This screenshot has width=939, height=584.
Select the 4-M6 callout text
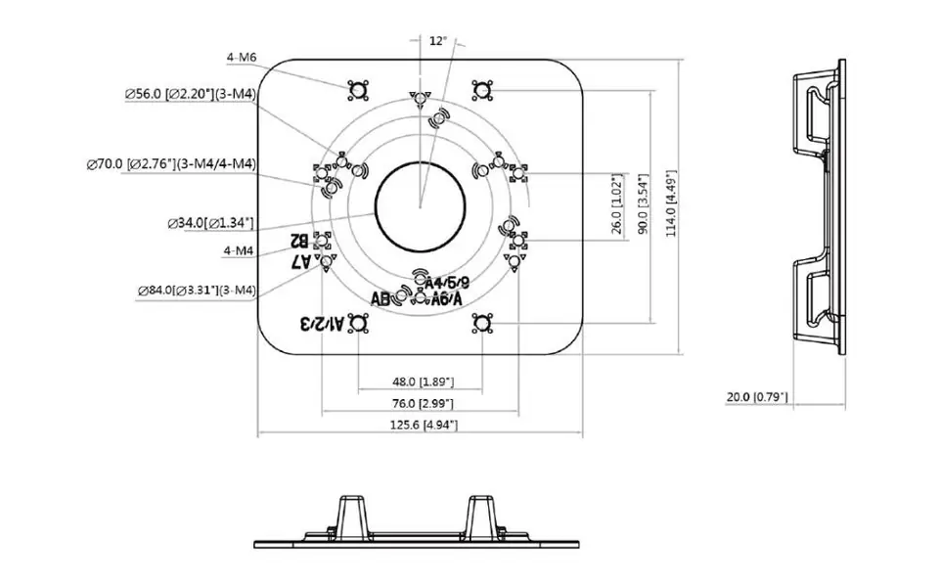[x=241, y=58]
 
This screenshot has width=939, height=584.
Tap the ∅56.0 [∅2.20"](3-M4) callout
[x=190, y=94]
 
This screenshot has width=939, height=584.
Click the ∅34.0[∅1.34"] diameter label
[x=210, y=223]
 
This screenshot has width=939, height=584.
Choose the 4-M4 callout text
[x=239, y=251]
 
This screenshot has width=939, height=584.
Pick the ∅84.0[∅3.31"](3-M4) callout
[x=197, y=290]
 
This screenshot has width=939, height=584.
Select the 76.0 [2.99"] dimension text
[x=422, y=403]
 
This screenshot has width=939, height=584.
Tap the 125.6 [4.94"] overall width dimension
[x=422, y=425]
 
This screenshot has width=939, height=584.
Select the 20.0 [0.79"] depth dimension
[x=757, y=397]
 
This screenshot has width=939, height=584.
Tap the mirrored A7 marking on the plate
[x=301, y=261]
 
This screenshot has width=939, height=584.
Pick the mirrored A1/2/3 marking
[x=321, y=324]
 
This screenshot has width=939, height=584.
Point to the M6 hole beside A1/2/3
[x=358, y=324]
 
